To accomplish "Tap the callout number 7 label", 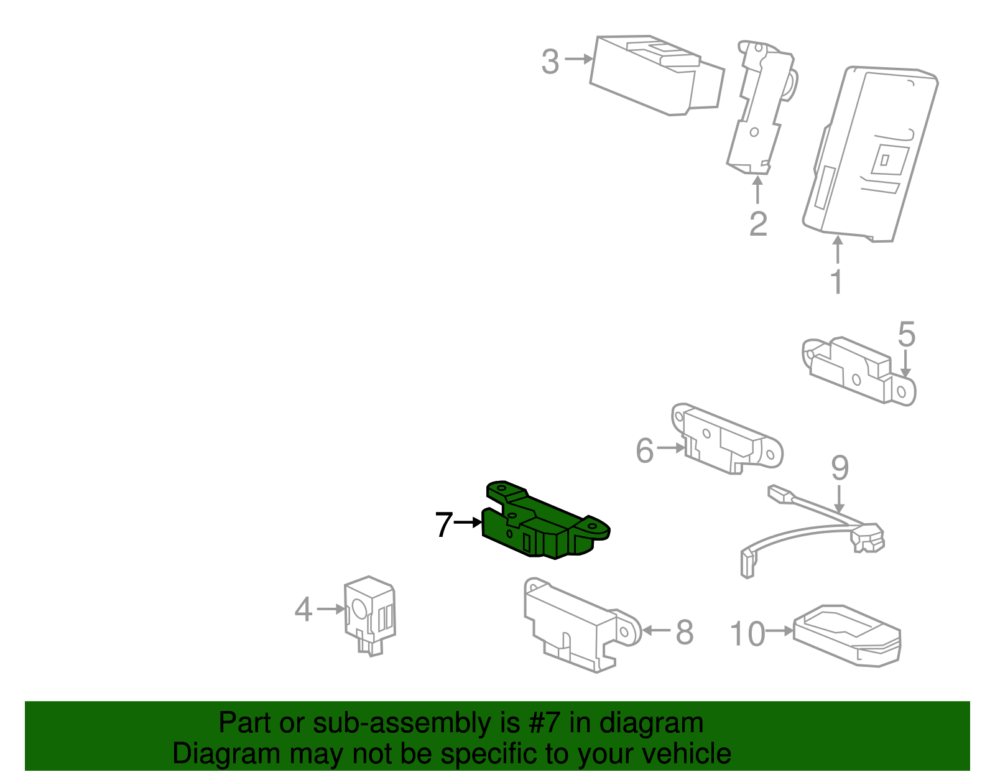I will point(443,525).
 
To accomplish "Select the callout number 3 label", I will point(550,62).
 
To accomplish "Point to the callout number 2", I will point(758,224).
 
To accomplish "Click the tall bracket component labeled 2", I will point(759,109).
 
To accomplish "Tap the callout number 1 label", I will point(837,282).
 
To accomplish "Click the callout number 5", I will point(907,335).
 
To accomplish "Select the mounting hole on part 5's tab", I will point(902,391).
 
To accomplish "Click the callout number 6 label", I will point(645,450).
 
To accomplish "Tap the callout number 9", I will point(840,468).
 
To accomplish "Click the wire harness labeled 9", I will point(815,529).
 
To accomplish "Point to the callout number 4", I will point(303,610).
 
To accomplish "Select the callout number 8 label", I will point(684,633).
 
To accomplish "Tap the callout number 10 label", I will point(747,635).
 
